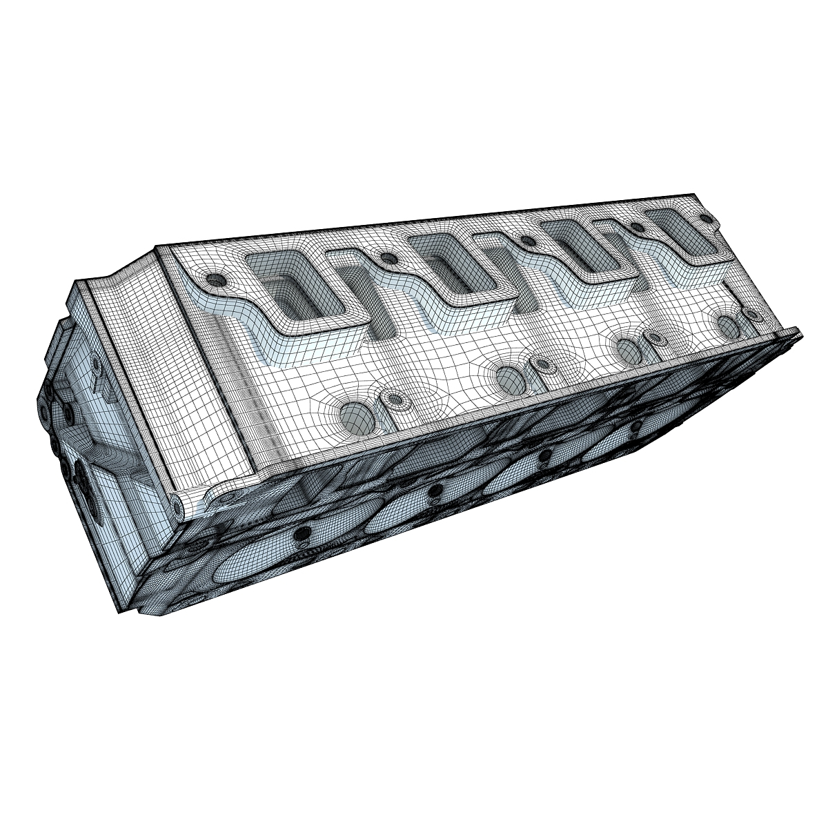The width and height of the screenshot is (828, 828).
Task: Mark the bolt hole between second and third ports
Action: pyautogui.click(x=528, y=241)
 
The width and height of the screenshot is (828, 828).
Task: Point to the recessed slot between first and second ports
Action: pyautogui.click(x=376, y=304)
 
